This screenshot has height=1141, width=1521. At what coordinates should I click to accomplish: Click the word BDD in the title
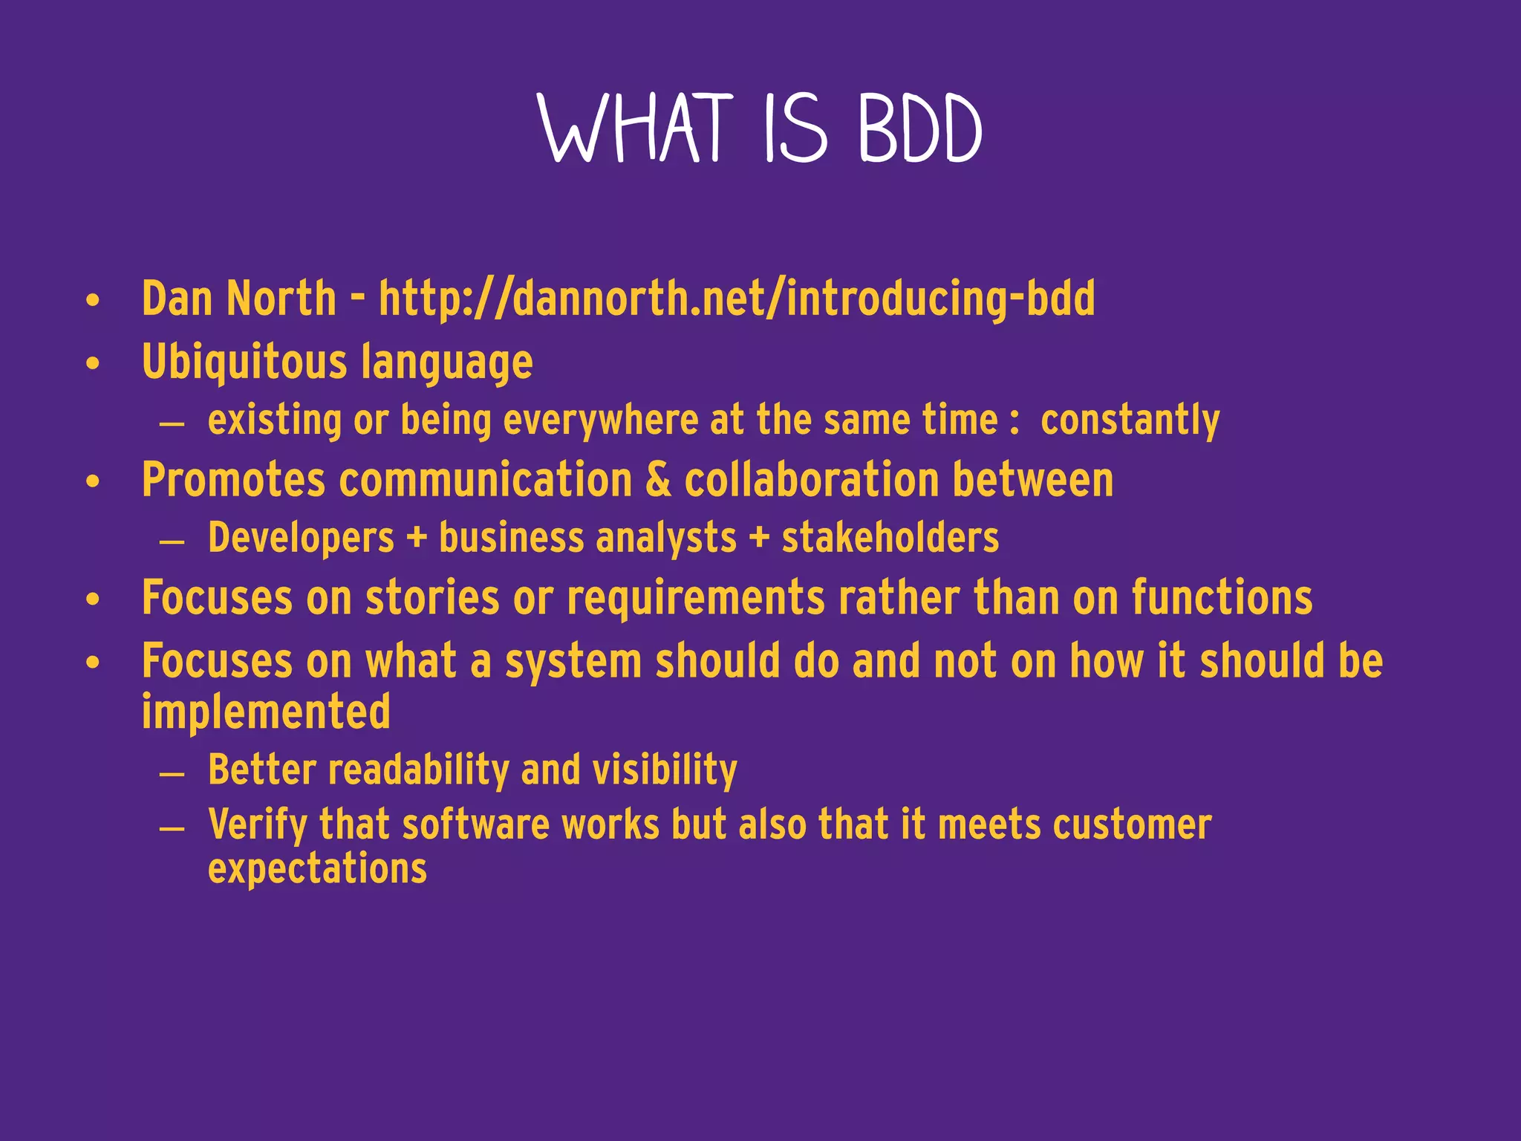(x=919, y=129)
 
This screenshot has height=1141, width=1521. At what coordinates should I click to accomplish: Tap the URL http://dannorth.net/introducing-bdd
(x=736, y=299)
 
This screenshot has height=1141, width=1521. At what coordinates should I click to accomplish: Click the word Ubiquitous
(x=244, y=363)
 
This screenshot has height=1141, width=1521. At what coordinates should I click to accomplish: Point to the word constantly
(x=1130, y=420)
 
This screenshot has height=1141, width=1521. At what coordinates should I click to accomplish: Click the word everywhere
(x=601, y=420)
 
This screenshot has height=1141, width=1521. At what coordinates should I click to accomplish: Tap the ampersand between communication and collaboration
(x=658, y=480)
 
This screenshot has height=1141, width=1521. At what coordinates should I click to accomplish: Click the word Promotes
(x=233, y=480)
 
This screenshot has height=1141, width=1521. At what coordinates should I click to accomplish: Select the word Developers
(x=301, y=538)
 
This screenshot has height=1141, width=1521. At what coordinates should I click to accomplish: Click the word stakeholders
(x=890, y=538)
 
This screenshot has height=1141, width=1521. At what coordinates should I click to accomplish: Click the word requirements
(x=695, y=599)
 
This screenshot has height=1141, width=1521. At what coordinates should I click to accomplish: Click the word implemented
(x=266, y=712)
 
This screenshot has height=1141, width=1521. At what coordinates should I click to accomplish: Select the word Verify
(x=257, y=826)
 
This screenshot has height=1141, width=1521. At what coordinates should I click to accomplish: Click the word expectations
(x=317, y=869)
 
